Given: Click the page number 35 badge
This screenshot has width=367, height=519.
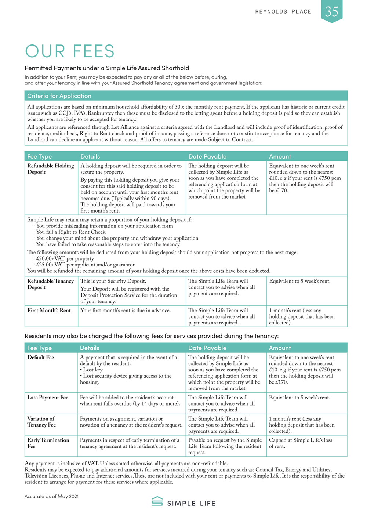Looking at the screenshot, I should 332,11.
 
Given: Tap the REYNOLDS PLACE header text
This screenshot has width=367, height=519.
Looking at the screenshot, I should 283,12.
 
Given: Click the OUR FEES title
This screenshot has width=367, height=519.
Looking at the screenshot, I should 70,51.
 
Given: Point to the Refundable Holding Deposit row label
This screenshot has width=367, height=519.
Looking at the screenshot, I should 50,169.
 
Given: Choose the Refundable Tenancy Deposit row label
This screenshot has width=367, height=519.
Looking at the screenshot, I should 50,284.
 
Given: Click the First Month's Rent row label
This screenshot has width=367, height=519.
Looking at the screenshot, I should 49,311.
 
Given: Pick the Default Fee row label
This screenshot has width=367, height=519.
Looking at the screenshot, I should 40,358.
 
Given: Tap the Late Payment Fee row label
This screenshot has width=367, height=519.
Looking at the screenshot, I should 48,398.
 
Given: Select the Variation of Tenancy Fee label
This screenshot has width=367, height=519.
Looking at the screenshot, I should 41,422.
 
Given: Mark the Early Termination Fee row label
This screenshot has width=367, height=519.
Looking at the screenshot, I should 48,443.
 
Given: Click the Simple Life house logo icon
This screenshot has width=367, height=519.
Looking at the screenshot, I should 157,501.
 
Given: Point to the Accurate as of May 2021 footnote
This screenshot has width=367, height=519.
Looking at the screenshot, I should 51,496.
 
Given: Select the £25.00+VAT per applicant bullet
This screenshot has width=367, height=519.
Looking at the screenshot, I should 85,265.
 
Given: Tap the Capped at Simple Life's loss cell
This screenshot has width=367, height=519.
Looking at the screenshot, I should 300,443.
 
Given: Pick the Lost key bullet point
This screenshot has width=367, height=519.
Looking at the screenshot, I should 92,370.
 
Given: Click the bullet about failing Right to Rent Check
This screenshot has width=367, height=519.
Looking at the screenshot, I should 70,232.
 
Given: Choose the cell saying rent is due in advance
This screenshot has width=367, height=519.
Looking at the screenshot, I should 126,311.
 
